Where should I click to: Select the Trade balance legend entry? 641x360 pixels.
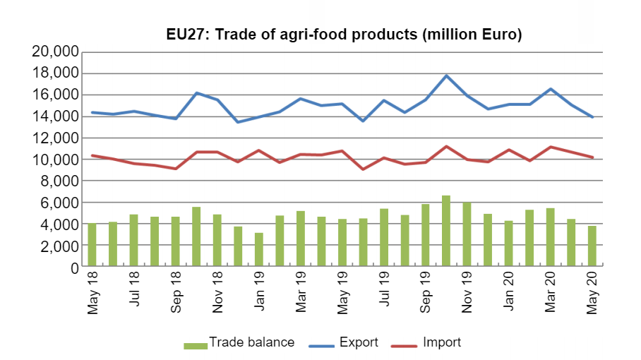(x=239, y=343)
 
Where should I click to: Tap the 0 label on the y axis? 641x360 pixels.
(x=73, y=268)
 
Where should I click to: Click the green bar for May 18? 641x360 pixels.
(x=92, y=246)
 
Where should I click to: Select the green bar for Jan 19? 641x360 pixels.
(x=259, y=251)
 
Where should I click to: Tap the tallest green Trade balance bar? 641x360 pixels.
(x=446, y=232)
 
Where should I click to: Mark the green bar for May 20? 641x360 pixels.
(x=592, y=247)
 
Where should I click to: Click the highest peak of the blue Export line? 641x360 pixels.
(x=446, y=76)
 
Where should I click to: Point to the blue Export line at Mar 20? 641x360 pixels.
(x=551, y=89)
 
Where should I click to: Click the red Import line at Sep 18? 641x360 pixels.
(x=176, y=169)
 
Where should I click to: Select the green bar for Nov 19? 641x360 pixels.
(x=467, y=235)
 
